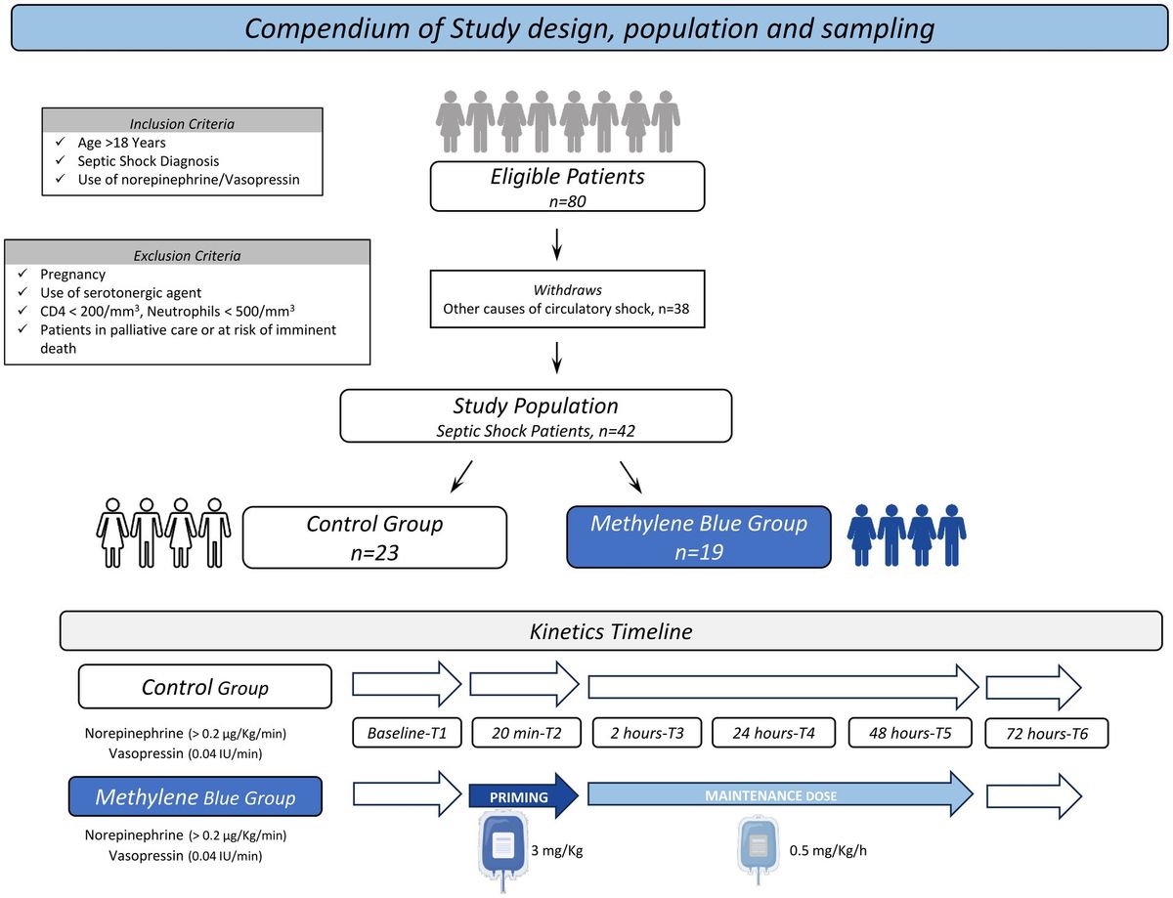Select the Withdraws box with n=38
point(567,301)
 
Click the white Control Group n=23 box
point(374,535)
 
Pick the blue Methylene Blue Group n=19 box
point(698,535)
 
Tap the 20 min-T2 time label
point(525,733)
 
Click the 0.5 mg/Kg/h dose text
point(827,849)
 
